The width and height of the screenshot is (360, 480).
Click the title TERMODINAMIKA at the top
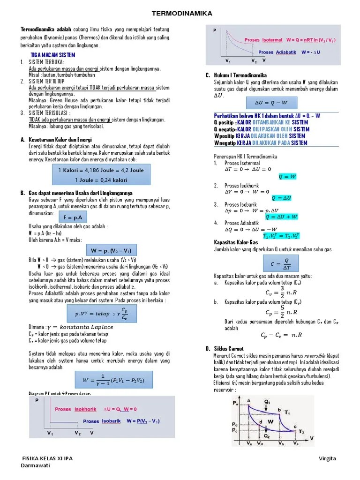[180, 14]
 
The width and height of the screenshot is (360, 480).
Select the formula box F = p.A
[73, 217]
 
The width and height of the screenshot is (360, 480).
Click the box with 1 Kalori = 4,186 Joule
[101, 175]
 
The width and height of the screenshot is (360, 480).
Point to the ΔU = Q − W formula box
[270, 103]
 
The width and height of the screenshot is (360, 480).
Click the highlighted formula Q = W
[287, 177]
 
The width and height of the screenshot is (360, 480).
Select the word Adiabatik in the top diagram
[286, 52]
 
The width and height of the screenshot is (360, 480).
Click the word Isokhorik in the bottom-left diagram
[85, 409]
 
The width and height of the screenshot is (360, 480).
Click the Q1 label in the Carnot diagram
[267, 402]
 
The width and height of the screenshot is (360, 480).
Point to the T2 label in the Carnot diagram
[301, 430]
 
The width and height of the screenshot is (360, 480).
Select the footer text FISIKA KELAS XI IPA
[47, 458]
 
